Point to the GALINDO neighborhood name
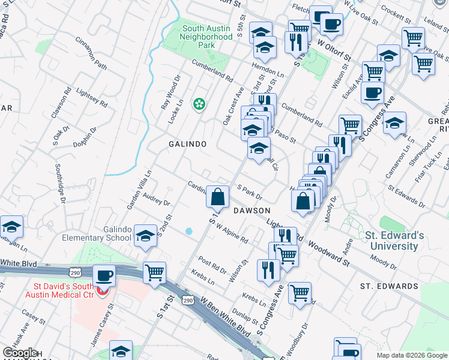(187, 145)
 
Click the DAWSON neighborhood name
(252, 211)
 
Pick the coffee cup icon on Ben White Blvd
(105, 275)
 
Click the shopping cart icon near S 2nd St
(155, 273)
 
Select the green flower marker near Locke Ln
(199, 105)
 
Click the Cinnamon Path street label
(91, 52)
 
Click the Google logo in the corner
(20, 353)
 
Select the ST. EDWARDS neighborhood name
(389, 286)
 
